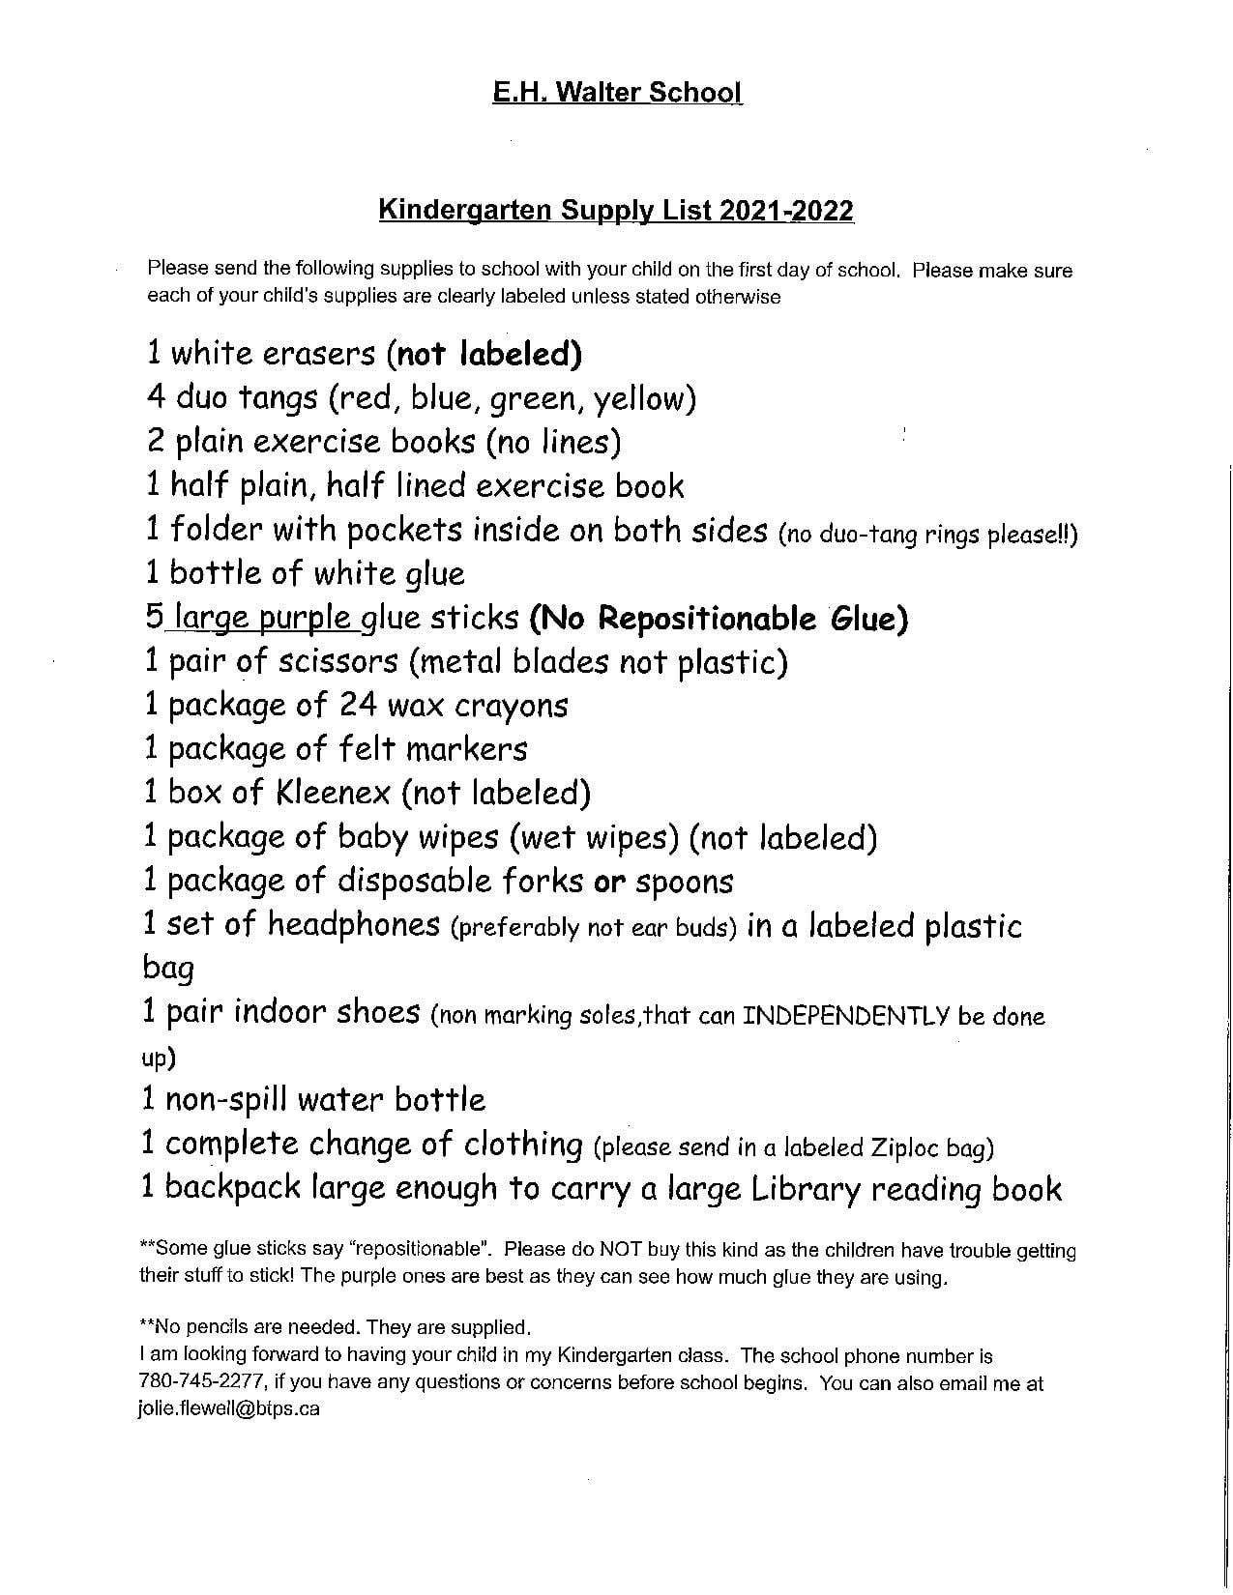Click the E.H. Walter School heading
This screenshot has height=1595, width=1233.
[x=617, y=92]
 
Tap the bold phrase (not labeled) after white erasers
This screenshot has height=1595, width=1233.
[x=484, y=354]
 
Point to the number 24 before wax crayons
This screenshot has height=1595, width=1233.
[x=357, y=706]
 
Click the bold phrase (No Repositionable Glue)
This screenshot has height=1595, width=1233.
[x=719, y=619]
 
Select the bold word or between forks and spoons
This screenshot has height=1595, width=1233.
[x=606, y=882]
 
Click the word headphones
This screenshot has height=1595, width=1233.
[x=354, y=925]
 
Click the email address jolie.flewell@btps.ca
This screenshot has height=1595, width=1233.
[x=228, y=1408]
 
